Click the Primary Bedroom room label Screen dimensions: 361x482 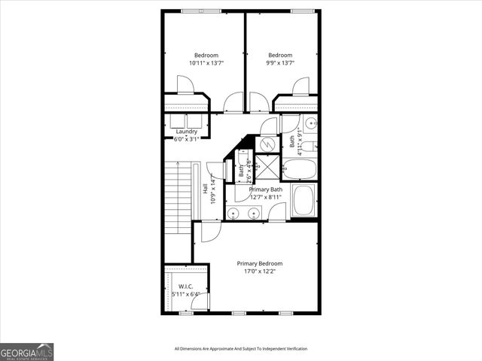[x=260, y=263]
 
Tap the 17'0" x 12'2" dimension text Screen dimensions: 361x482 [x=260, y=272]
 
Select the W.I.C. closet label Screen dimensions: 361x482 [x=185, y=287]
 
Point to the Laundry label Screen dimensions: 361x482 [x=186, y=132]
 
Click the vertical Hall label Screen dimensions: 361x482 [x=206, y=190]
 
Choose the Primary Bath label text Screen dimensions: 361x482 [x=267, y=190]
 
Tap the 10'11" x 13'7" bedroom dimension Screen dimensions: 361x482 [x=206, y=63]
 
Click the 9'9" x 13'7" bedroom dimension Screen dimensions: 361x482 [x=280, y=63]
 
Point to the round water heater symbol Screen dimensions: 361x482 [x=267, y=142]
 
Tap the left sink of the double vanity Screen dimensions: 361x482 [x=233, y=214]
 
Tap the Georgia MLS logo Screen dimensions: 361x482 [x=26, y=351]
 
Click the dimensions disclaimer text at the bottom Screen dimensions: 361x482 [x=241, y=349]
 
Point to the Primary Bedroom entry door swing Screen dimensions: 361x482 [x=208, y=232]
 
